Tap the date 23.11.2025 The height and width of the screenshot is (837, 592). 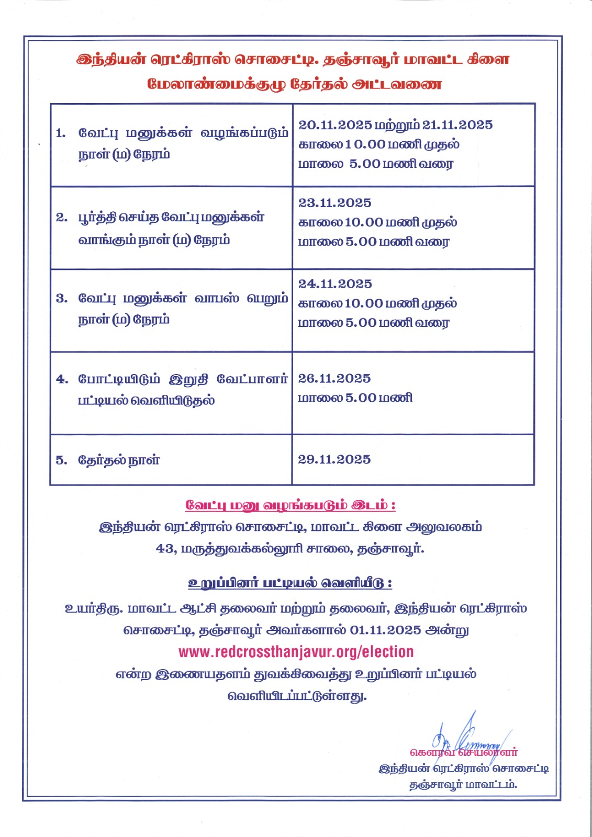pyautogui.click(x=335, y=203)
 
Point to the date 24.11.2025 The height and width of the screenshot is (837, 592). pyautogui.click(x=335, y=284)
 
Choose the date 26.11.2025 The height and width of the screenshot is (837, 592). pyautogui.click(x=334, y=379)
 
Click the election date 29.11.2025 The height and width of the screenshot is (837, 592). pyautogui.click(x=334, y=460)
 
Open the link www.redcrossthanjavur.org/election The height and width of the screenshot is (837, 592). pyautogui.click(x=296, y=652)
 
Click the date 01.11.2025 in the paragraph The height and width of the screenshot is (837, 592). pyautogui.click(x=386, y=630)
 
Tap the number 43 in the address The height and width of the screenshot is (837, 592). pyautogui.click(x=165, y=549)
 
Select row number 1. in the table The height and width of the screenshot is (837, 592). pyautogui.click(x=61, y=133)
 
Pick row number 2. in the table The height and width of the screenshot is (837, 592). pyautogui.click(x=62, y=218)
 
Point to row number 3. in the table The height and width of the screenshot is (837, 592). pyautogui.click(x=62, y=299)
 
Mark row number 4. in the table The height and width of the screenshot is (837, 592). pyautogui.click(x=62, y=379)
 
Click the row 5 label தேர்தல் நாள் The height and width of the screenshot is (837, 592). pyautogui.click(x=119, y=460)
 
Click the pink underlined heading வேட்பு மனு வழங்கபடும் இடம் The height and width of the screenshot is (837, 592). pyautogui.click(x=291, y=505)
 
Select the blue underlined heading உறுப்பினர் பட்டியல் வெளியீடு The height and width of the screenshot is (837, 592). pyautogui.click(x=290, y=583)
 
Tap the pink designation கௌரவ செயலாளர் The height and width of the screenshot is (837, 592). pyautogui.click(x=464, y=753)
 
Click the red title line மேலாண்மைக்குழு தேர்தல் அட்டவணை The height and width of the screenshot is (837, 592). pyautogui.click(x=295, y=84)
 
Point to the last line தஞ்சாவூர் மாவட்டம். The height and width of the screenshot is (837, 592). pyautogui.click(x=463, y=785)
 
